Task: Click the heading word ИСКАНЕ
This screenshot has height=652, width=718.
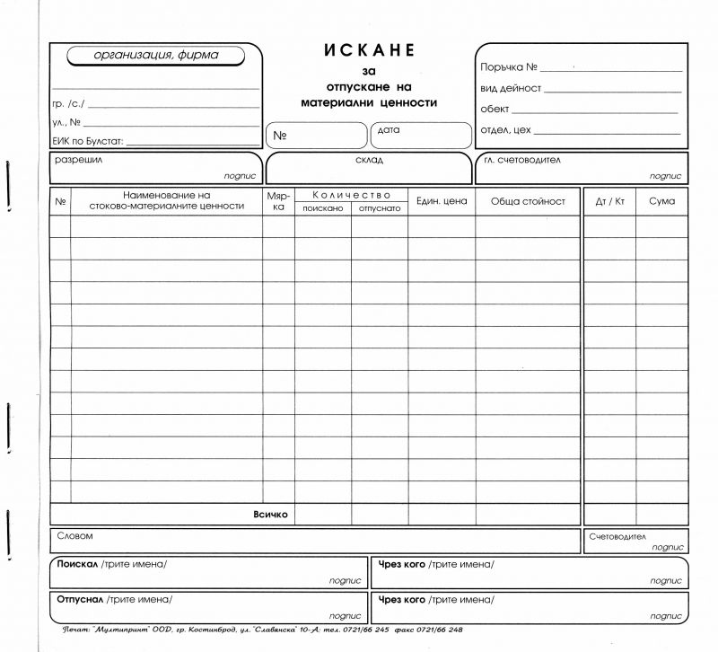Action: pos(369,50)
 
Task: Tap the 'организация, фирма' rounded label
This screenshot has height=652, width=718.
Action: pos(156,56)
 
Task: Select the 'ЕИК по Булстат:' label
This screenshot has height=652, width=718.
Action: pos(88,142)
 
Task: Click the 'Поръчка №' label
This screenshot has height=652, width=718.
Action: pos(509,67)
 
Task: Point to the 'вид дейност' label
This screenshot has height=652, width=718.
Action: pos(511,88)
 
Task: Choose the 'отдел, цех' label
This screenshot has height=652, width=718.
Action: pos(506,130)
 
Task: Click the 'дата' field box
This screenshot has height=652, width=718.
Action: pos(420,136)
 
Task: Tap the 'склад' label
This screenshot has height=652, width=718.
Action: pos(369,161)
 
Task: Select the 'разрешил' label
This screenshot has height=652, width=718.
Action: pos(79,160)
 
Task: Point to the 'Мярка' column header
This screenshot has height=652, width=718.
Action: pos(278,200)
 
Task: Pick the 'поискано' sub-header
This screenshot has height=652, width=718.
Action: pos(323,207)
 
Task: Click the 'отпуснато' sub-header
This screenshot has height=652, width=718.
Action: pos(380,207)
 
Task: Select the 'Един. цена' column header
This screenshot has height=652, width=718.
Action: pos(442,201)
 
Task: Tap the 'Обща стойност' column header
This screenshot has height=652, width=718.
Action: pos(528,201)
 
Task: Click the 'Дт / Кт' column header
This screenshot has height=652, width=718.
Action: pos(610,201)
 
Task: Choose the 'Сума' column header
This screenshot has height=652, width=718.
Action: pos(662,201)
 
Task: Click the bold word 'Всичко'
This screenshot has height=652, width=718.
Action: pos(270,515)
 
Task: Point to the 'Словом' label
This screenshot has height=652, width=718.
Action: pos(74,536)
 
